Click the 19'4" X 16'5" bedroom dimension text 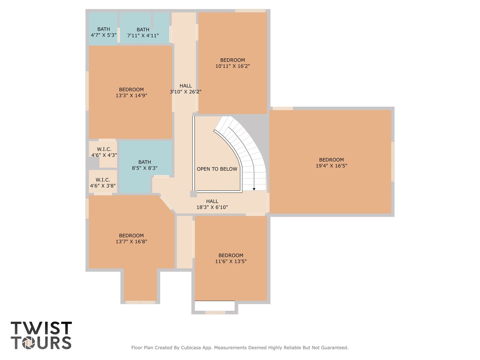click(331, 166)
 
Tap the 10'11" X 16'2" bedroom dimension click(232, 66)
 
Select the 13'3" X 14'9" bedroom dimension click(131, 96)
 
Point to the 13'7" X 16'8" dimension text click(131, 242)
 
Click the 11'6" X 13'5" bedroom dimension click(231, 261)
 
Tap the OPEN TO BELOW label click(217, 169)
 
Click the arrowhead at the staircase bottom click(254, 189)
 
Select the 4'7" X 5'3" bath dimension click(104, 35)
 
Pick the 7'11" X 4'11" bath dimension click(143, 35)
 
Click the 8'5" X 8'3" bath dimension click(145, 168)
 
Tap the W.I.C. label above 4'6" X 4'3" click(104, 149)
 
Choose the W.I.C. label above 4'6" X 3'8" click(103, 180)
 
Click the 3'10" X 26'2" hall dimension click(185, 92)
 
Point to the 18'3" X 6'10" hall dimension click(212, 207)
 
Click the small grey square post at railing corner click(193, 194)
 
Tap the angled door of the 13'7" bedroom click(166, 203)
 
